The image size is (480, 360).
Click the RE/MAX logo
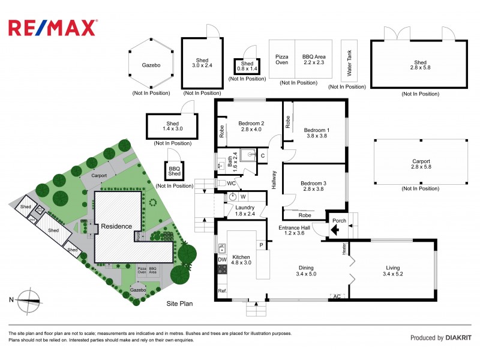[53, 28]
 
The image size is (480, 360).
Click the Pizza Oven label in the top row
[281, 59]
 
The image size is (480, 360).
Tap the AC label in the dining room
[337, 296]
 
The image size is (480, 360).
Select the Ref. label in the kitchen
[222, 291]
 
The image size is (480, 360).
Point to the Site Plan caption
[179, 304]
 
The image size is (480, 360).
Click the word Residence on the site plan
[116, 226]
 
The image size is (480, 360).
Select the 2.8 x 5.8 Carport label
[421, 164]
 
